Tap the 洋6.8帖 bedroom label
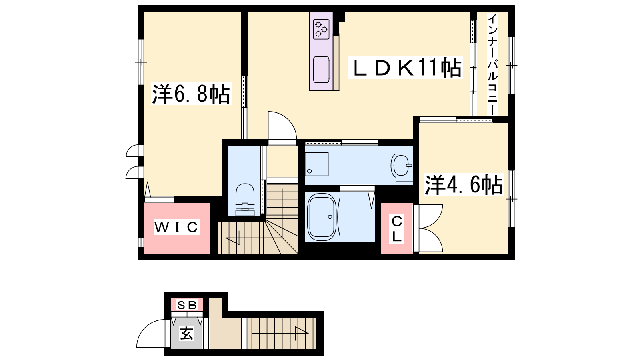click(191, 94)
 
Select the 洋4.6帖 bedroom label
click(464, 185)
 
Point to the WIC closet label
click(176, 227)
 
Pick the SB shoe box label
click(187, 305)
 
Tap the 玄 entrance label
click(186, 333)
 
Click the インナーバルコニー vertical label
click(492, 64)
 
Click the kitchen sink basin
click(321, 70)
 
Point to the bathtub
click(322, 218)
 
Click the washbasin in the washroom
click(402, 165)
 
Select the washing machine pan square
click(316, 164)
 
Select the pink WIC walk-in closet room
click(178, 228)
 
